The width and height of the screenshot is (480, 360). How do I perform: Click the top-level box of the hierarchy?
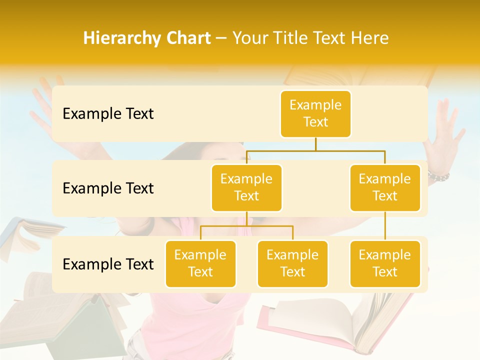coord(315,113)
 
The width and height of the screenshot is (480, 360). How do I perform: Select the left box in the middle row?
coord(246,187)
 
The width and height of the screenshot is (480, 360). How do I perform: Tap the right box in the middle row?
coord(385,187)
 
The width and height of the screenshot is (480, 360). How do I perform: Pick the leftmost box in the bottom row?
coord(200,263)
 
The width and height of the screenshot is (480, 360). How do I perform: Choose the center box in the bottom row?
coord(292,263)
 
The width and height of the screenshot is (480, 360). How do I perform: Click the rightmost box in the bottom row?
coord(385,263)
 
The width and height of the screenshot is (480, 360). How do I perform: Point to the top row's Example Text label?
coord(108,114)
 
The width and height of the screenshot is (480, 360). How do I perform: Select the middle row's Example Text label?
coord(108,188)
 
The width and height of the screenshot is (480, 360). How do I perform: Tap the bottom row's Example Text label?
coord(108,264)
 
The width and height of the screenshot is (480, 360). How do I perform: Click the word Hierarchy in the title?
coord(121,38)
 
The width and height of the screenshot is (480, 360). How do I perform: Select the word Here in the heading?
coord(370,38)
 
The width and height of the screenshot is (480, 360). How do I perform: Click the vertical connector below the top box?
coord(315,144)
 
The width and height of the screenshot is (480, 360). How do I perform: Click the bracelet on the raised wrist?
coord(438,175)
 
